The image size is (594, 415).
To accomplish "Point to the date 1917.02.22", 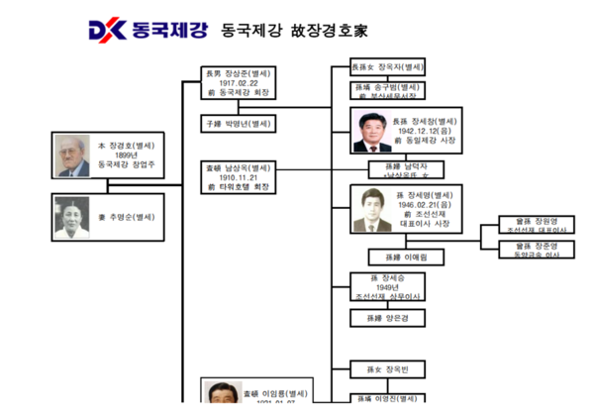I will tap(239, 83).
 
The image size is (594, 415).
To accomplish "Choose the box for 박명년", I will tap(239, 124).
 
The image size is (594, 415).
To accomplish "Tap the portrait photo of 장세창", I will tap(370, 132).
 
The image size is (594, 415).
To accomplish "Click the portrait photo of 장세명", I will tap(371, 209).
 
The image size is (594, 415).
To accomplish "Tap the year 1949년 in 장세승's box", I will tap(388, 287).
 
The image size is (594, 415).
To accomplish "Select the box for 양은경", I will tap(388, 318).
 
